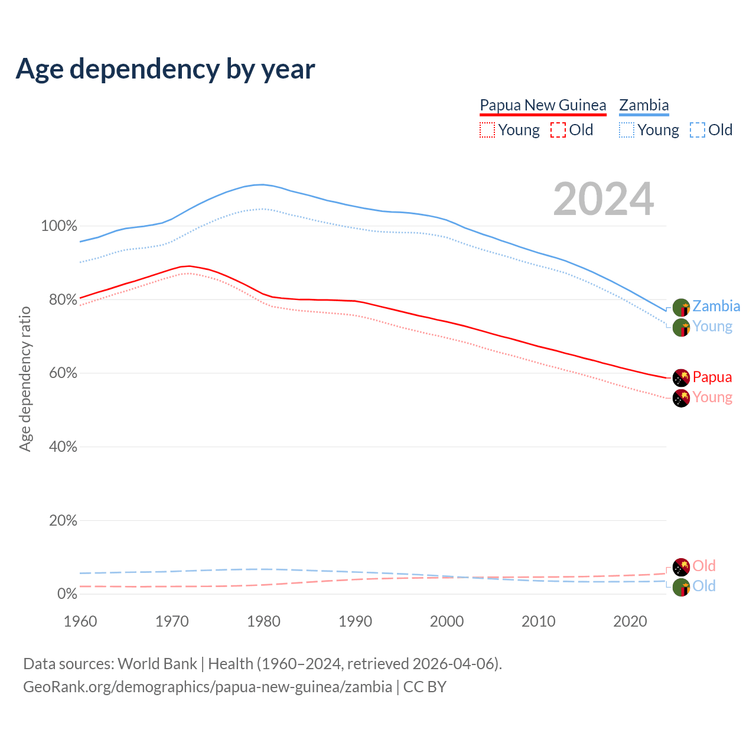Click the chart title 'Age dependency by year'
pos(165,69)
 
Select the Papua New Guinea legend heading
pos(543,106)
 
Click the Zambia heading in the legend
pos(644,106)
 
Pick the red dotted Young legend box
pos(487,130)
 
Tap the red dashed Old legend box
pos(558,130)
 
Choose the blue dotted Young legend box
pos(627,130)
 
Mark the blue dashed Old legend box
pos(698,130)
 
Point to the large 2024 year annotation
pos(604,199)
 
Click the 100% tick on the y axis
pos(59,226)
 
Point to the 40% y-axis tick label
pos(63,447)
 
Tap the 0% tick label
pos(67,594)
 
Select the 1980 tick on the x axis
pos(263,621)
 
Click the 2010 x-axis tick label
pos(539,621)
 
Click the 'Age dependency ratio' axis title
pos(25,379)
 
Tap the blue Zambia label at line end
pos(716,307)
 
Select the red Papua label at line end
pos(712,377)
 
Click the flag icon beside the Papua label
pos(682,377)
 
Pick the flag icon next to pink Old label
pos(682,566)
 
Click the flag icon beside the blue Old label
pos(682,587)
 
